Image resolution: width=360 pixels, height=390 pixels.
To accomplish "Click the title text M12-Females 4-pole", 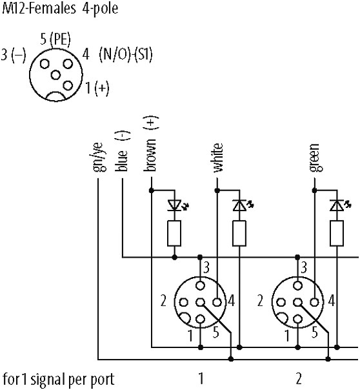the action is pos(60,8).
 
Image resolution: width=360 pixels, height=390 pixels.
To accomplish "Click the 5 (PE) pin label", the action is pos(55,39).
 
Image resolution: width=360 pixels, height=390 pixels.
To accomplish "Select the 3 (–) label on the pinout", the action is pos(14,54).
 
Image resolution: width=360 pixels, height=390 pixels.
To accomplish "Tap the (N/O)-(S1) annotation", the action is pos(125,54).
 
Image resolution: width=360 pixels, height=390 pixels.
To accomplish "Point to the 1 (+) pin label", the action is pos(97,88).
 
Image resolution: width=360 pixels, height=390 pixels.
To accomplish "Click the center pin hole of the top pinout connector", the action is pos(55,75).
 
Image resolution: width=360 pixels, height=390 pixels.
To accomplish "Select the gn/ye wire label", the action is pos(99,157).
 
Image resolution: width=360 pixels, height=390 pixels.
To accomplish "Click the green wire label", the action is pos(315,158).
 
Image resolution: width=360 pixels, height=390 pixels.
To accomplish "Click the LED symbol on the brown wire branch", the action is pos(177,205).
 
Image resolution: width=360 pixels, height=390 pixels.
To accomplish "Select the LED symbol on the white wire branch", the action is pos(243,205).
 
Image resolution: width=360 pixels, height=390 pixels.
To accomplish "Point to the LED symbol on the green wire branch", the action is pos(340,205).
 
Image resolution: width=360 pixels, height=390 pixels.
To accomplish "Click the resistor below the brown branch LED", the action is pos(174,233).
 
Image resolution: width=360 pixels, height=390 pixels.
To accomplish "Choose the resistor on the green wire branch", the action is pos(337,233).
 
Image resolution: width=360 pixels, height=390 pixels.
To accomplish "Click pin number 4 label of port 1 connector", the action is pos(232,301).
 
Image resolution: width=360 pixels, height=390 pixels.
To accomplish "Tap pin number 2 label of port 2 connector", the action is pos(260,301).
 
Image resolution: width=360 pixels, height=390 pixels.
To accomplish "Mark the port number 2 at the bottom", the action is pos(299,378).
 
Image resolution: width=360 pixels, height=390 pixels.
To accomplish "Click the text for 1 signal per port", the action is pos(58,380).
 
